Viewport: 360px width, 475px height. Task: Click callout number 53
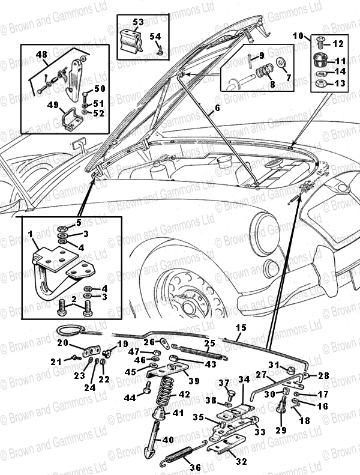[x=139, y=22]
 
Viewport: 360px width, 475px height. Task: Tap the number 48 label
[x=41, y=55]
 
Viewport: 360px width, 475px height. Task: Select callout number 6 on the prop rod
[x=217, y=109]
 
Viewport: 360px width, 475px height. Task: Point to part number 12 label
[x=337, y=43]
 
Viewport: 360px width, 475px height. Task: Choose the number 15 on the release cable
[x=241, y=327]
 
